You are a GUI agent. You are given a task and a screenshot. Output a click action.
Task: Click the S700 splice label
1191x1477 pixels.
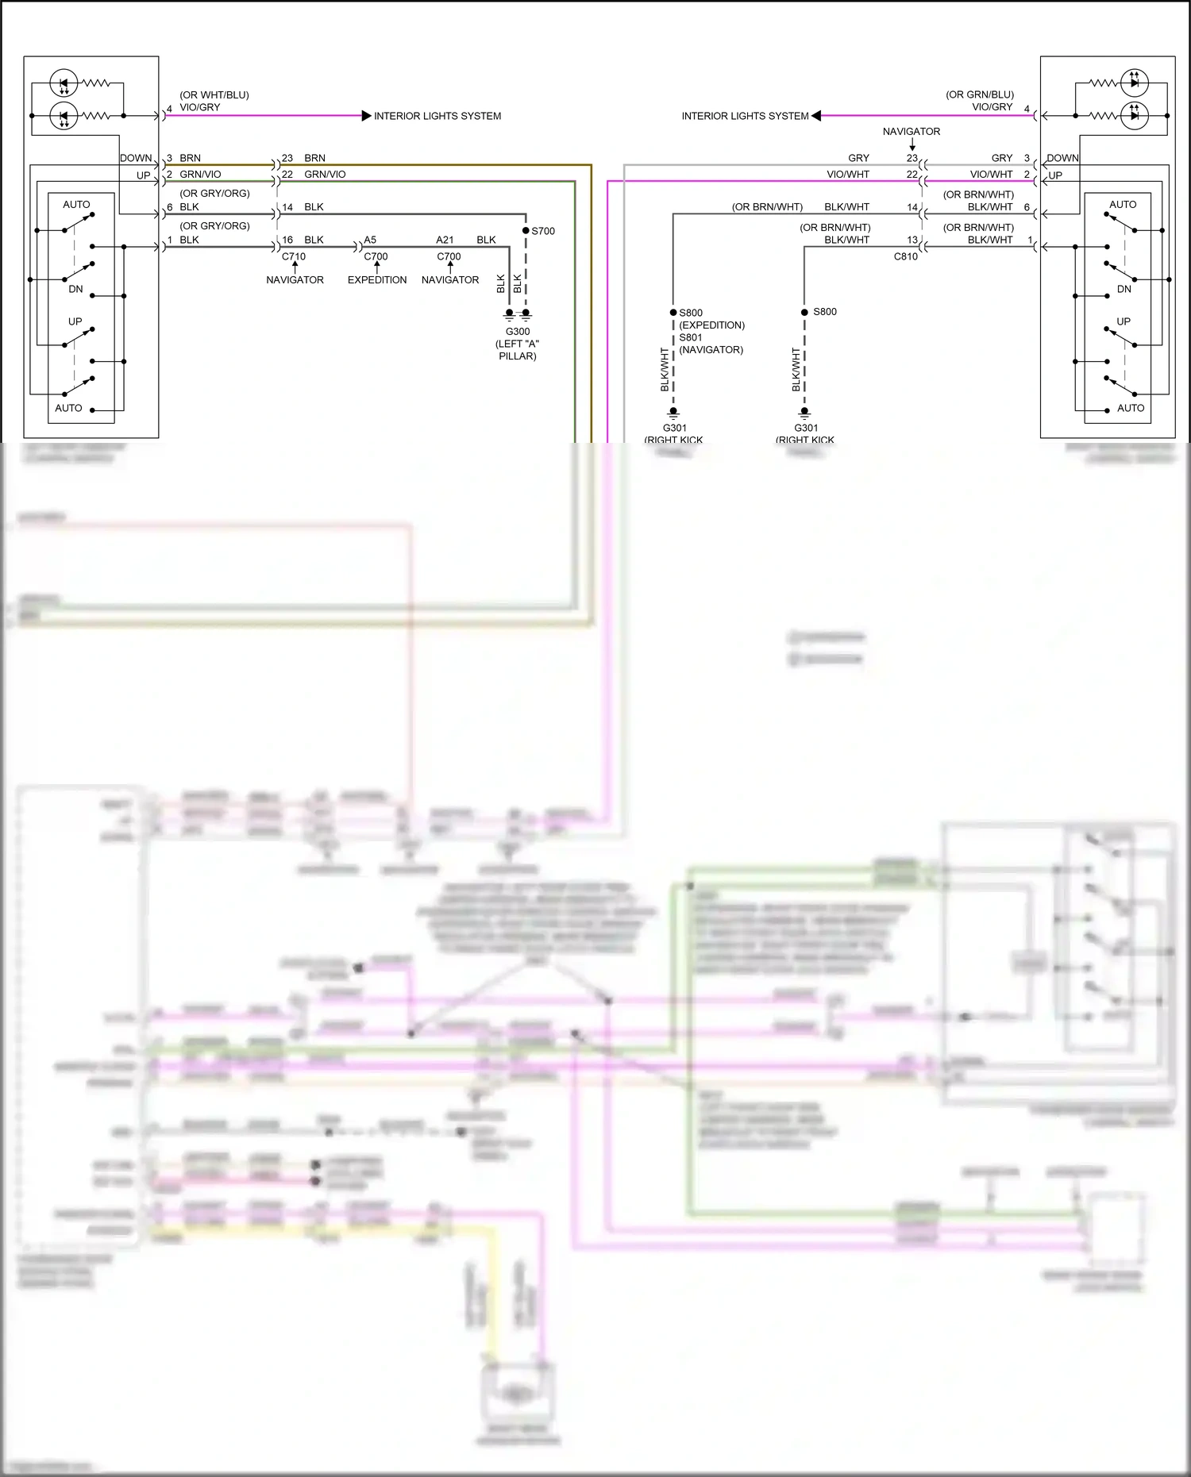(543, 231)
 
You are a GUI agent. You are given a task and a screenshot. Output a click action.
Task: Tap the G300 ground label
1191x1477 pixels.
(518, 332)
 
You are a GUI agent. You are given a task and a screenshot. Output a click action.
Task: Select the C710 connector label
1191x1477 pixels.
(294, 256)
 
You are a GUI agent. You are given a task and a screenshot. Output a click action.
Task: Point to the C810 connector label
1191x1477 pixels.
(906, 256)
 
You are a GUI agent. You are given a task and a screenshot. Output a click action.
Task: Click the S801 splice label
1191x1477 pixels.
(691, 337)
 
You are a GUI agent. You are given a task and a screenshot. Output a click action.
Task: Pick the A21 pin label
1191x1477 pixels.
(445, 240)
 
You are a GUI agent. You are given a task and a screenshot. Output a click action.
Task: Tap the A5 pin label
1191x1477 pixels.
(370, 240)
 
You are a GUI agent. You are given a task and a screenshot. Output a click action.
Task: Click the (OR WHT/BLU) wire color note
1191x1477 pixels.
(214, 95)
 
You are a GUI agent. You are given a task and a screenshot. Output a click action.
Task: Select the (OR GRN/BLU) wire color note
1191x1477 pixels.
(980, 94)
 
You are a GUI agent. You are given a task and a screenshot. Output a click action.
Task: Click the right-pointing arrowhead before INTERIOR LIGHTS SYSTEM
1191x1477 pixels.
(366, 116)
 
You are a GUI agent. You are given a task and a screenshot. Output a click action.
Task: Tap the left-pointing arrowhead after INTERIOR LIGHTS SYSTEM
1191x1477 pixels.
(816, 116)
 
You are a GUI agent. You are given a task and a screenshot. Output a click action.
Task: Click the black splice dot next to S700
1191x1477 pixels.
(526, 231)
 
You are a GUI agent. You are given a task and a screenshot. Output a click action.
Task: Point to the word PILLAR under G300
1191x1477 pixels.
(518, 356)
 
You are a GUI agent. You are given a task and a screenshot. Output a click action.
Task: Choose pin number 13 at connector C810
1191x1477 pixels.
(912, 240)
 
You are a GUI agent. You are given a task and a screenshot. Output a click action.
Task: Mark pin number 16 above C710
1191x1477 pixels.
(287, 240)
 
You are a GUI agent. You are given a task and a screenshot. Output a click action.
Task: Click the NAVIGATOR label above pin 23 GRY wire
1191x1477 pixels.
(912, 132)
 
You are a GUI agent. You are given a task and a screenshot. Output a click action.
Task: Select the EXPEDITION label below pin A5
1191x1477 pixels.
(377, 280)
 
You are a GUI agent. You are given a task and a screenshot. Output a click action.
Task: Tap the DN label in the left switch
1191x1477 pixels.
(75, 289)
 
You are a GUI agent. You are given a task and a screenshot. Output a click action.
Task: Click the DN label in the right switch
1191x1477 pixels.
(1124, 289)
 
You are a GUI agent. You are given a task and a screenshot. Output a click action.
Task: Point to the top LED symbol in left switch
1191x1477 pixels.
(64, 83)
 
